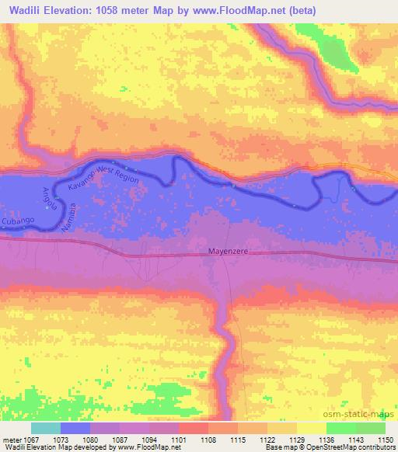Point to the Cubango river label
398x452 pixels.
(18, 221)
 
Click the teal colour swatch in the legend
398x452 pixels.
(46, 428)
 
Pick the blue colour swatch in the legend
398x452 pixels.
(75, 428)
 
